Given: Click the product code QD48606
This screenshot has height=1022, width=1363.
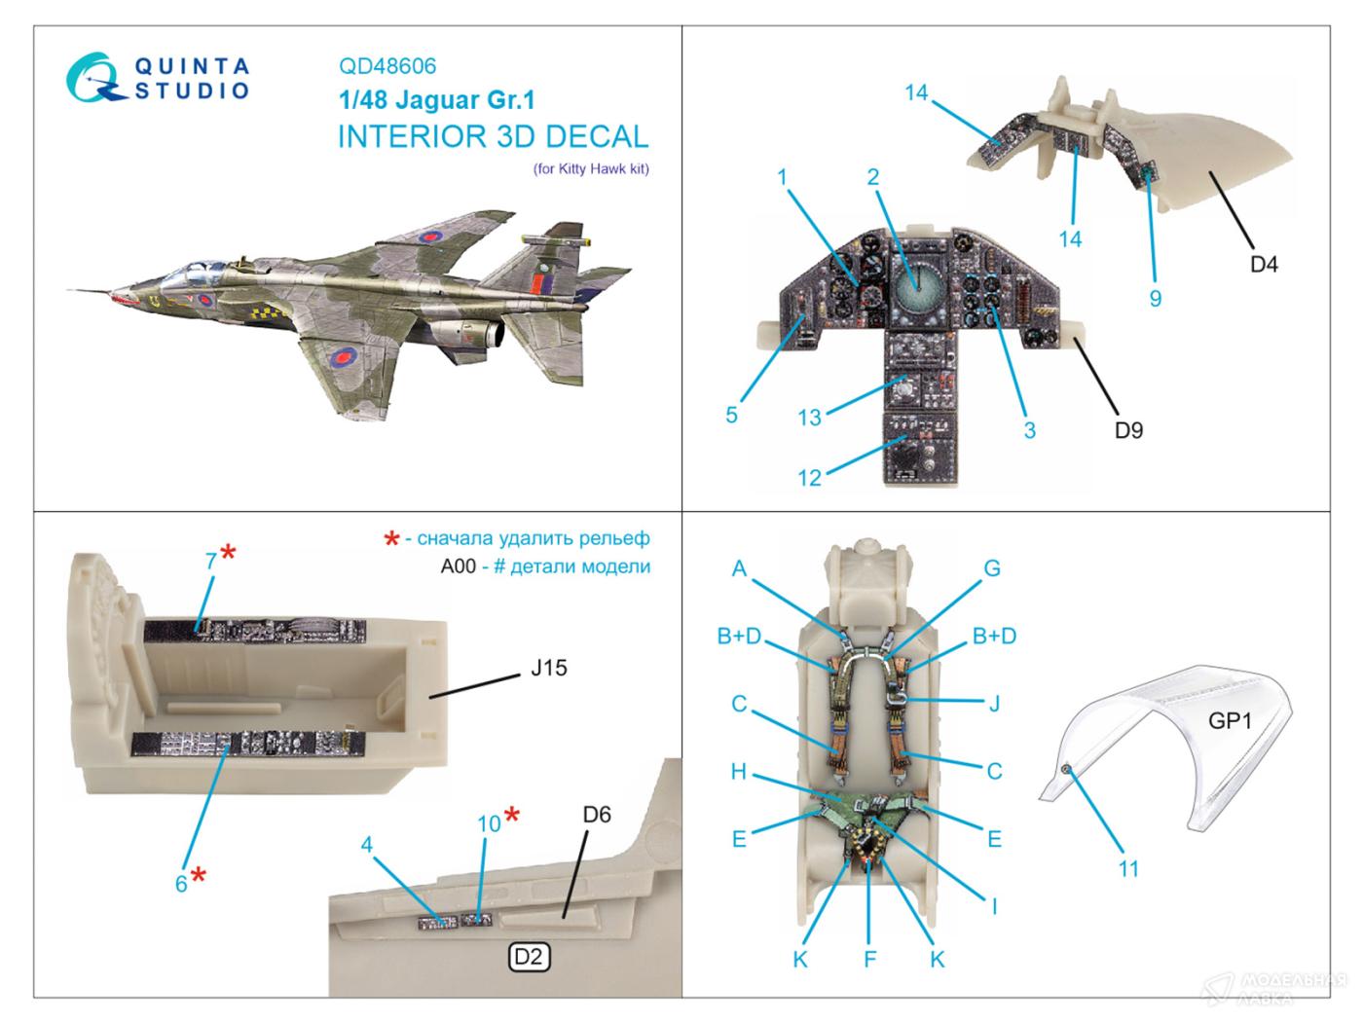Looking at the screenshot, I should coord(387,66).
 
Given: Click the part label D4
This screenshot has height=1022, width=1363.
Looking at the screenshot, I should coord(1263,264).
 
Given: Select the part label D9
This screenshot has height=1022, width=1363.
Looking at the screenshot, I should coord(1128,429).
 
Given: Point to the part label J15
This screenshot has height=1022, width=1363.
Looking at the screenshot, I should coord(549,669).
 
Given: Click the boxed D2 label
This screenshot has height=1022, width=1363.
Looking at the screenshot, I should coord(528,957).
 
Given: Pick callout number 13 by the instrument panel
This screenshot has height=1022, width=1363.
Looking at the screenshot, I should coord(810,417).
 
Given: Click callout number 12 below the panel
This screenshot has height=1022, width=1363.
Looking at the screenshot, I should coord(810,478).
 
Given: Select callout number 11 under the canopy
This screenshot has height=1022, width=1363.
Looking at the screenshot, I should coord(1127,868).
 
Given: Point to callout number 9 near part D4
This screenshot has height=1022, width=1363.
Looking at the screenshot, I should coord(1155,297).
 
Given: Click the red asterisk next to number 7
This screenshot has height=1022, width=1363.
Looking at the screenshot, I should coord(228,553).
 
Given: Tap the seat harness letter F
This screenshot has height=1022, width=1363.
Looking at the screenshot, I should coord(869,959).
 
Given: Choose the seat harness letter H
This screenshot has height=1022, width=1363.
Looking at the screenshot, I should coord(739,771).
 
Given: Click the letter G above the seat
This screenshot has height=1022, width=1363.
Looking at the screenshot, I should coord(992,567).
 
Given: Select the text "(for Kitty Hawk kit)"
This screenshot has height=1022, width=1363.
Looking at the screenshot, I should coord(591,168).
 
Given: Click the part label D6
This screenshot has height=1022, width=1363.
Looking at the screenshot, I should coord(597,814).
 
